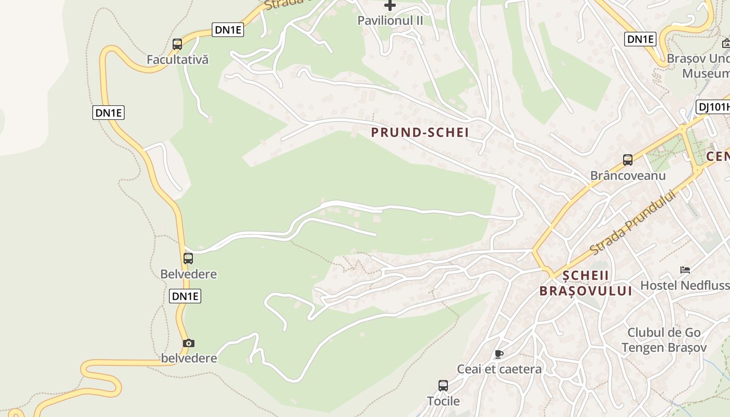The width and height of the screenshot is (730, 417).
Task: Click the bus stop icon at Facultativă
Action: pos(177,44)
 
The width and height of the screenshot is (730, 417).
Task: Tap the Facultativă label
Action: pos(177,59)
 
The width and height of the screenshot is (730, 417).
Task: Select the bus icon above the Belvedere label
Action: pos(188,258)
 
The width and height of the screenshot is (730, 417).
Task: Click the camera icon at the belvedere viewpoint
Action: pos(189,343)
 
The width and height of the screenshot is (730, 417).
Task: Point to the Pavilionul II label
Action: pos(390,20)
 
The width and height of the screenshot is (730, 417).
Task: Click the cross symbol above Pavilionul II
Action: pos(390,6)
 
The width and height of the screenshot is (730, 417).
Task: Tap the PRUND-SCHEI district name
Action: pos(420,132)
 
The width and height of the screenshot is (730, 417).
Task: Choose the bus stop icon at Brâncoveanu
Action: pos(628,160)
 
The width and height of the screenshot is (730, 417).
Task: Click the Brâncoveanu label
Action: pos(628,175)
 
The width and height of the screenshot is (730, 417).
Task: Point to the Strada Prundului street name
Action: pos(632,223)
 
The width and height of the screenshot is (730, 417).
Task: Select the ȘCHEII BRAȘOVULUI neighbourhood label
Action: pos(586,283)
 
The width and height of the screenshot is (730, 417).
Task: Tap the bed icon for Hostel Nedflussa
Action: pos(685,270)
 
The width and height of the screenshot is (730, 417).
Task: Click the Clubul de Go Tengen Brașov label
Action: pos(664,340)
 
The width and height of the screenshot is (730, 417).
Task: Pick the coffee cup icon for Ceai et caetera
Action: pos(499,354)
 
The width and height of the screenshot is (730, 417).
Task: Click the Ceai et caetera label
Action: pos(499,369)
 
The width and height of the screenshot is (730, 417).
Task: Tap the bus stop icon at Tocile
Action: pos(443,386)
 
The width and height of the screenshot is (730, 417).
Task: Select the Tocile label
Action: pos(443,401)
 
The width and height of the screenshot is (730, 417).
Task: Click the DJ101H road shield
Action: pos(713,107)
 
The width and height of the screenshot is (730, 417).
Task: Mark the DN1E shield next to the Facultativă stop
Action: pos(228,30)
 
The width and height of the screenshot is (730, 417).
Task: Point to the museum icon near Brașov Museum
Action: pos(726,43)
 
